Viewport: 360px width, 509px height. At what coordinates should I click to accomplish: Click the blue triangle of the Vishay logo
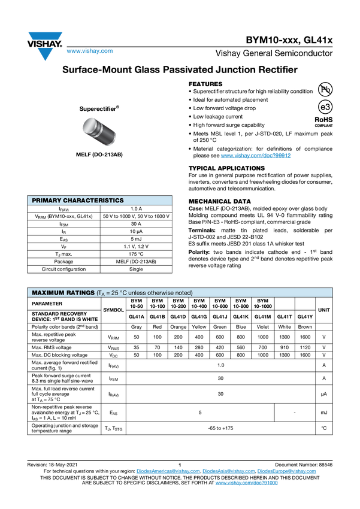pyautogui.click(x=45, y=54)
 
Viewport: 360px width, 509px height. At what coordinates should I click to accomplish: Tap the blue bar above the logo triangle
pyautogui.click(x=46, y=37)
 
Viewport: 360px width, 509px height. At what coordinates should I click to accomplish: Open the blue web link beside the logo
pyautogui.click(x=89, y=52)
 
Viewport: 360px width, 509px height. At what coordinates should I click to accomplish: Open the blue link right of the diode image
pyautogui.click(x=256, y=156)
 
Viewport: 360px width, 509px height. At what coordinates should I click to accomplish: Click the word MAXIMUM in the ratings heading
pyautogui.click(x=47, y=293)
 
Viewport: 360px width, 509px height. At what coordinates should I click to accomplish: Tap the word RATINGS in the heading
pyautogui.click(x=80, y=293)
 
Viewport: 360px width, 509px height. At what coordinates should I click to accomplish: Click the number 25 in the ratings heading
pyautogui.click(x=114, y=293)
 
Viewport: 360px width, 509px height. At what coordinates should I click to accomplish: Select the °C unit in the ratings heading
pyautogui.click(x=124, y=293)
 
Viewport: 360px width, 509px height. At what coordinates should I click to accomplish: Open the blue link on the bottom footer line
pyautogui.click(x=246, y=482)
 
